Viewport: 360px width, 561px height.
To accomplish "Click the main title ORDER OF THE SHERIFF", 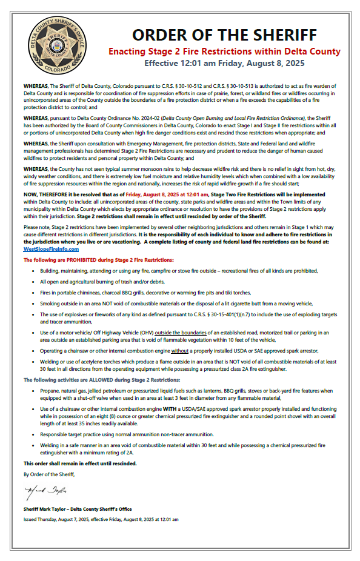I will tap(224, 35).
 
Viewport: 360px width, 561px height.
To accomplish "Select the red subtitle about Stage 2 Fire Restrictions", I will tap(224, 51).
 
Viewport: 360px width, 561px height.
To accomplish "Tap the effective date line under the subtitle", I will tap(224, 62).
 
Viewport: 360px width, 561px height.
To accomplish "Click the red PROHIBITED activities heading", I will tap(98, 259).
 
